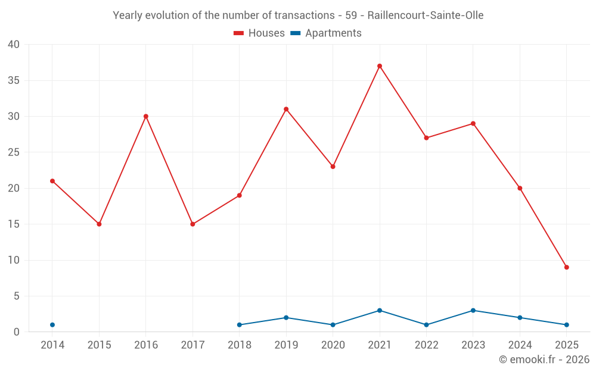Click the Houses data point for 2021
coord(380,66)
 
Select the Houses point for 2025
coord(566,267)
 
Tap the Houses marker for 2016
coord(146,117)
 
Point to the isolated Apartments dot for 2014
coord(52,325)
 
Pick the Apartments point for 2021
coord(380,311)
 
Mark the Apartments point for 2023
coord(473,311)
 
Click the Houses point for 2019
coord(286,110)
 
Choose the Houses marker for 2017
coord(193,224)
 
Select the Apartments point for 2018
coord(240,325)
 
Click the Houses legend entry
coord(259,33)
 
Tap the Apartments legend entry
coord(326,33)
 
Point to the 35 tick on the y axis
coord(14,80)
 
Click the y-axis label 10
coord(14,260)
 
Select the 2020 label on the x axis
coord(333,345)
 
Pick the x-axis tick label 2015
coord(99,345)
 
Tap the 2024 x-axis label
coord(520,345)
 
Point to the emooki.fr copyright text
coord(544,360)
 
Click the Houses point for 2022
coord(426,138)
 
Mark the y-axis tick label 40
coord(14,45)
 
